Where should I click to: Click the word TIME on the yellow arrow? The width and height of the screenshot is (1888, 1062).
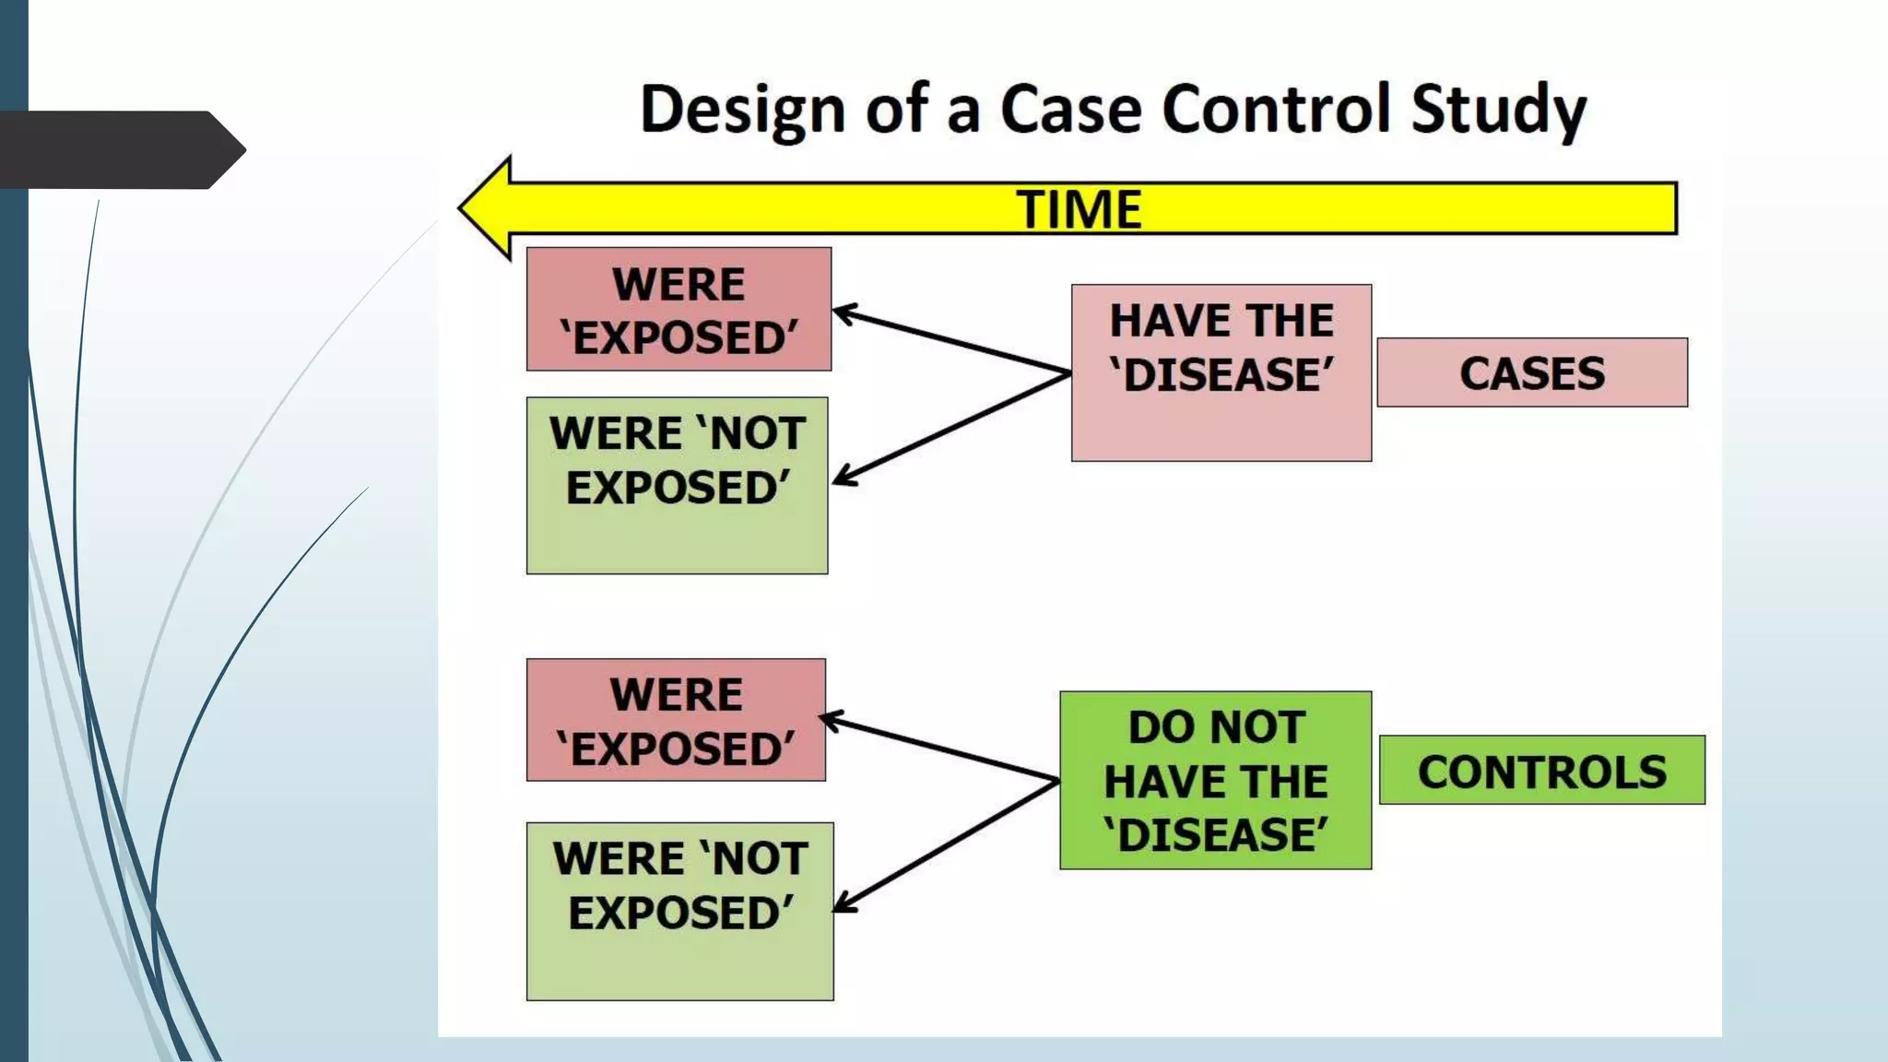pos(1079,209)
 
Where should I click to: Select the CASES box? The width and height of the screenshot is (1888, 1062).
pos(1531,372)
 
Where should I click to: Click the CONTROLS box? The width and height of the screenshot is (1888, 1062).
pos(1541,771)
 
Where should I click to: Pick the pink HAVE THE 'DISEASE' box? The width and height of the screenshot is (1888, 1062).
pos(1221,372)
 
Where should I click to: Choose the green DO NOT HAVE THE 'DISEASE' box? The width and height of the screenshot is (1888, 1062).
pos(1215,780)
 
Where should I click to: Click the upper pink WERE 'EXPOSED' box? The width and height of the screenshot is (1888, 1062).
pos(678,309)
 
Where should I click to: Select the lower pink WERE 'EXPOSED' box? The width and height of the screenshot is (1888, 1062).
pos(676,720)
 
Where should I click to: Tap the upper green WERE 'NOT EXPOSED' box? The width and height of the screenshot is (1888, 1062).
pos(677,486)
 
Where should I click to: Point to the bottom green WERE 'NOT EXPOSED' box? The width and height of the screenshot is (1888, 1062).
pos(679,911)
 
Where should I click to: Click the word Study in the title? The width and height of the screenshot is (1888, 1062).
pos(1498,110)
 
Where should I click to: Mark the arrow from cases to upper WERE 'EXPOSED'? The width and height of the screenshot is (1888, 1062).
pos(950,342)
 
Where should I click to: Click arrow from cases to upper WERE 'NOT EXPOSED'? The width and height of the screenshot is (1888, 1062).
pos(950,428)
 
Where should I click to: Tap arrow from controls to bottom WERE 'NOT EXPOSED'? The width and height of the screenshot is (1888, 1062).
pos(945,845)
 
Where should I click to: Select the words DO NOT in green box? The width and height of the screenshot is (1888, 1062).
pos(1217,727)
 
